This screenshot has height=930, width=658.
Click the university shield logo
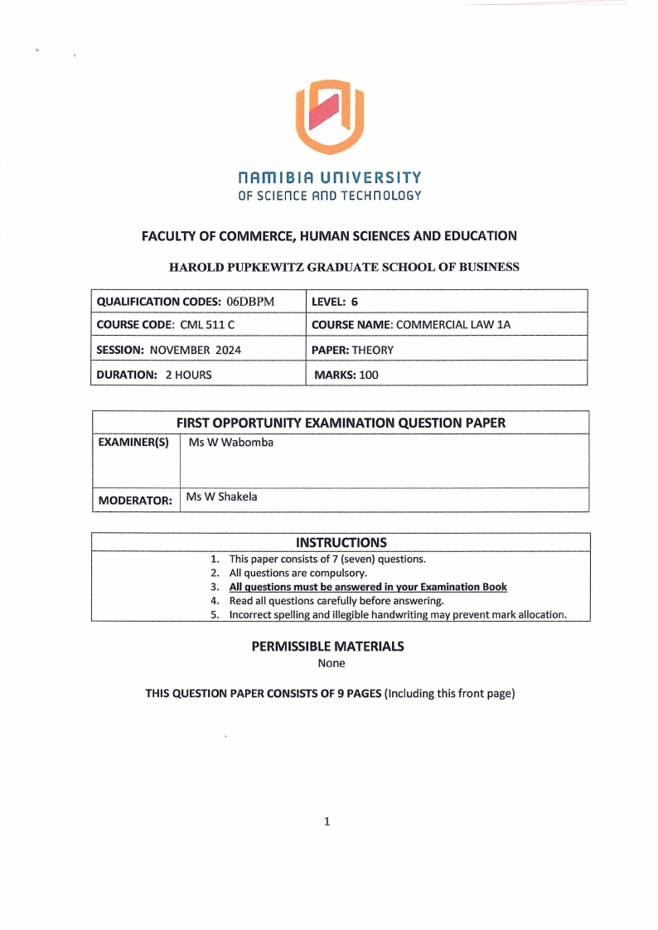(x=330, y=116)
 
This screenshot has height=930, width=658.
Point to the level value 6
(x=355, y=301)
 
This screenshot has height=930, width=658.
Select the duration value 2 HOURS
(x=188, y=375)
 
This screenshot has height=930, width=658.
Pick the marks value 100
(x=368, y=375)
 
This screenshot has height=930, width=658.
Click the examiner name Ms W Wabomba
(x=231, y=443)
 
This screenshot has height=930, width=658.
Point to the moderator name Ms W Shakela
(x=222, y=497)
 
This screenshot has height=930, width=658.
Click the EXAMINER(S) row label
(x=133, y=443)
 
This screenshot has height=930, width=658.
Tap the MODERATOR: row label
(x=135, y=500)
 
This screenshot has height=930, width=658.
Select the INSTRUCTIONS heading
(x=341, y=543)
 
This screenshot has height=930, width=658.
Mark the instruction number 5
(x=214, y=614)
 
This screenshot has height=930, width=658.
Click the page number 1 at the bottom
(x=327, y=821)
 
